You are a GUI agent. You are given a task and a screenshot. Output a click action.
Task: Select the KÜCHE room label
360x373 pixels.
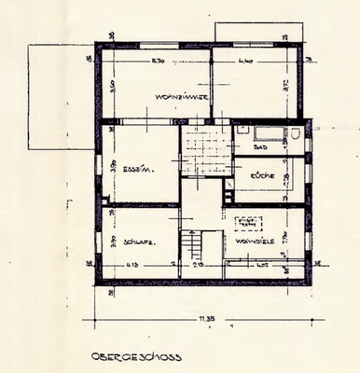click(x=261, y=175)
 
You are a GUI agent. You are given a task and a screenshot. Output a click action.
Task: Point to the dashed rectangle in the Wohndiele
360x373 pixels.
click(x=248, y=223)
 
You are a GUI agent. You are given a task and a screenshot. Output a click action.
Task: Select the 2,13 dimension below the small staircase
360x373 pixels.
click(x=198, y=267)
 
